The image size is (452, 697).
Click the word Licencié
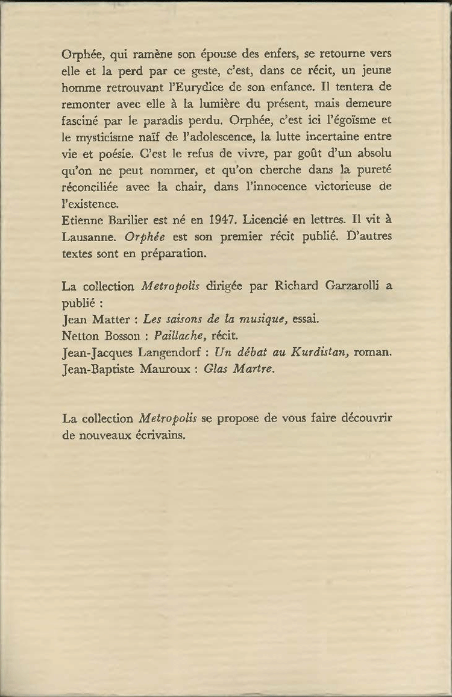point(270,220)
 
